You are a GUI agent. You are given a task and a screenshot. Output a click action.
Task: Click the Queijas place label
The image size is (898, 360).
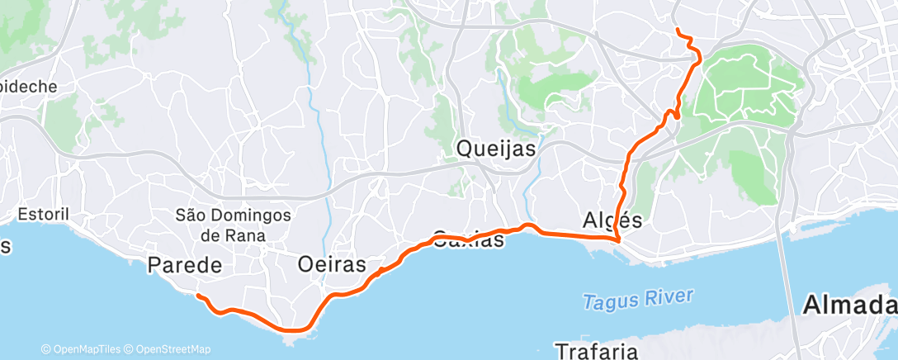click(496, 149)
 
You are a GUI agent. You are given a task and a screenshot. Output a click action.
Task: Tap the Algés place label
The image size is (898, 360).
click(612, 220)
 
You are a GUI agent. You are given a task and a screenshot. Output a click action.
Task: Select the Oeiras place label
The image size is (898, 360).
click(331, 265)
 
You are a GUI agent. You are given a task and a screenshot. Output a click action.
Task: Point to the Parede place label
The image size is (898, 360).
click(185, 265)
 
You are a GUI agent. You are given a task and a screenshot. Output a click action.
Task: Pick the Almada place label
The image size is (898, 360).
click(849, 306)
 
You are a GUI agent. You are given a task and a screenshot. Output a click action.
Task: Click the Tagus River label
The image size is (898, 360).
click(638, 300)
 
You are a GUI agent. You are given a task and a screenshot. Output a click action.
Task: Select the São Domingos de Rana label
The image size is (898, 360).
click(234, 225)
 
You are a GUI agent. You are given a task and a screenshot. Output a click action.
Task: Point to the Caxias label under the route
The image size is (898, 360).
click(468, 240)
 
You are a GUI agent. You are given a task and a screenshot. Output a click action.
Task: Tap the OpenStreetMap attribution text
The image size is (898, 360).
click(168, 349)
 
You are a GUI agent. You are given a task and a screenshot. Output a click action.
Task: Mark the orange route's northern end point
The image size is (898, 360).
click(678, 31)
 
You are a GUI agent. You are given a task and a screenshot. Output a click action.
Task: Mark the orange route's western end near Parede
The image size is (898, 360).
click(197, 295)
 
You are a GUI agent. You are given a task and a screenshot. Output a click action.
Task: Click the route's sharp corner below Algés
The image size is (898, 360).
click(618, 240)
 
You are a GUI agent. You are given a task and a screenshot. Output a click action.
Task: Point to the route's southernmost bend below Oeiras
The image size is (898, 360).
click(294, 331)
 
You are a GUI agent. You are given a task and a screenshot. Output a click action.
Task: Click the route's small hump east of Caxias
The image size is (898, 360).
click(528, 225)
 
